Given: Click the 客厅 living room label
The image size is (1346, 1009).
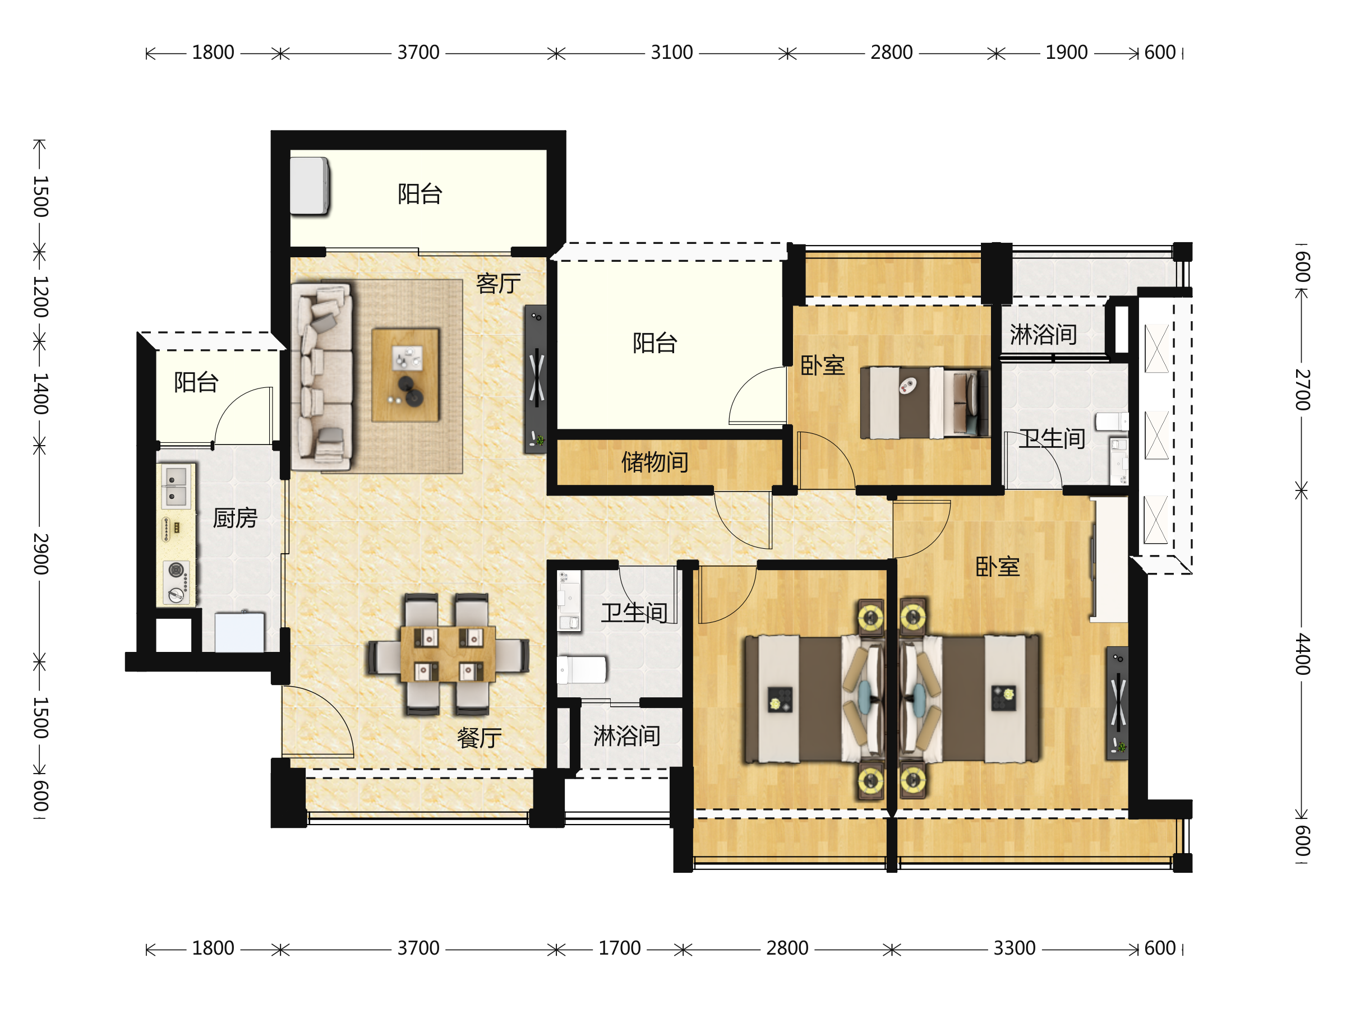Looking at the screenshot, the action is point(499,284).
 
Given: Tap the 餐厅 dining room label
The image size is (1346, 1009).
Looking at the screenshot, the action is point(480,738).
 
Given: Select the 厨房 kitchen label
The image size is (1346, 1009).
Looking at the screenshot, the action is point(236,518).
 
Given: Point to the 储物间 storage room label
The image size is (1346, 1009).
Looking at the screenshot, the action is point(654,462).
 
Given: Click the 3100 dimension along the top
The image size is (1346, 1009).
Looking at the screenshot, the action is point(672,53).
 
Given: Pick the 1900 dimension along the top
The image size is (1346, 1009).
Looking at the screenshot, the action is point(1067,53).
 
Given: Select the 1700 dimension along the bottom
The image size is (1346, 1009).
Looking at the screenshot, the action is point(620,949).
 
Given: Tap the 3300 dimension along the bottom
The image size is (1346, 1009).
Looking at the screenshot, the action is point(1015,949).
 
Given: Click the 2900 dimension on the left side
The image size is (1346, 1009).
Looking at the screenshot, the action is point(40,554).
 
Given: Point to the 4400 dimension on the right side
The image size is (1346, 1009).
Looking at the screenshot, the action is point(1302,654).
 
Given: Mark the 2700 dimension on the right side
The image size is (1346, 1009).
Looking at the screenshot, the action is point(1302,390).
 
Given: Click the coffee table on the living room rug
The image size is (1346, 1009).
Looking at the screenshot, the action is point(405,375).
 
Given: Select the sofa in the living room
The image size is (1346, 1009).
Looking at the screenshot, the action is point(322,377).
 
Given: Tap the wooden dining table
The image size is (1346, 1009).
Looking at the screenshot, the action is point(448,654).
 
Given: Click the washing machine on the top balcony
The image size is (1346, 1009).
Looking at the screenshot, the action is point(310,186).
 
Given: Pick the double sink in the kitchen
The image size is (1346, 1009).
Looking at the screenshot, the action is point(176,487).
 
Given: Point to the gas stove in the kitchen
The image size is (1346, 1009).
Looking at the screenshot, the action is point(177,582).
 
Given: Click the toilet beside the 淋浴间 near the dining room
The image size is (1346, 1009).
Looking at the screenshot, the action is point(582,670).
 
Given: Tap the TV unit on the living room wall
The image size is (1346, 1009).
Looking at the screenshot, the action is point(536,379).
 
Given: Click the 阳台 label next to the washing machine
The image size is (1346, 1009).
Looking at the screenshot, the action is point(420,194).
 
